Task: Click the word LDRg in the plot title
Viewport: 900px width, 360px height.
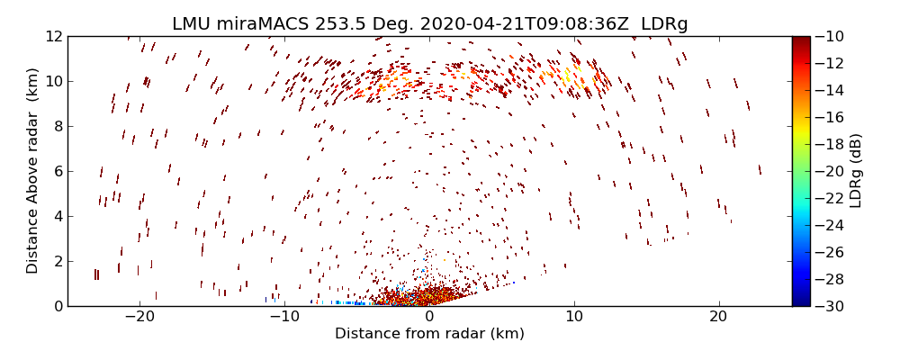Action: click(x=664, y=24)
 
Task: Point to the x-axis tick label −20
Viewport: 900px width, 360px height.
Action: click(x=139, y=317)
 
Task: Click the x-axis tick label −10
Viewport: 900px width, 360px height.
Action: click(x=283, y=317)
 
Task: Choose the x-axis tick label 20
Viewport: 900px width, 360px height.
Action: click(x=717, y=317)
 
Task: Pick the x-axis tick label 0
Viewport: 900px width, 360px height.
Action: click(x=429, y=317)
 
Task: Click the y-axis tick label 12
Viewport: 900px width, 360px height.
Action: click(x=52, y=36)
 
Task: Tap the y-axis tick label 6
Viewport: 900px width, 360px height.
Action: click(x=57, y=171)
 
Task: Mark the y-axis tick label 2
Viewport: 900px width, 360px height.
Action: click(x=57, y=261)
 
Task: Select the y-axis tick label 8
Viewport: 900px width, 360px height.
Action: click(x=57, y=126)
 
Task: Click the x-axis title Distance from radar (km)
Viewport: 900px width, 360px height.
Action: click(x=429, y=334)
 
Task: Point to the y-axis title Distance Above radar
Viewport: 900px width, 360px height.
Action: click(x=32, y=171)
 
